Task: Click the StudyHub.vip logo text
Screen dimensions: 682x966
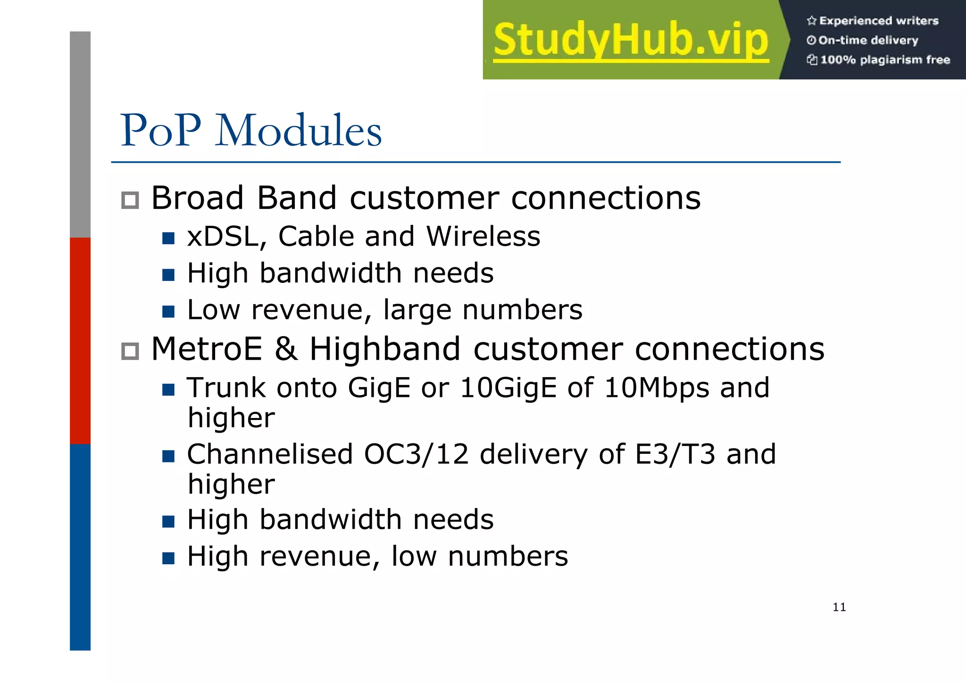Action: pyautogui.click(x=631, y=41)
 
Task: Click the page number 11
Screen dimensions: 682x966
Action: pyautogui.click(x=839, y=607)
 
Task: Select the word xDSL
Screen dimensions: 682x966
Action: pyautogui.click(x=223, y=236)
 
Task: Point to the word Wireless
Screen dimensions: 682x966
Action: pyautogui.click(x=483, y=236)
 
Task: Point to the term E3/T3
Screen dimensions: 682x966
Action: pyautogui.click(x=675, y=454)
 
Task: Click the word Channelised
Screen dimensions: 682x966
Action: pyautogui.click(x=270, y=454)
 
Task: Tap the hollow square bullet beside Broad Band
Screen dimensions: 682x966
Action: pyautogui.click(x=130, y=200)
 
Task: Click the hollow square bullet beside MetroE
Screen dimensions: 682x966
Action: pyautogui.click(x=130, y=351)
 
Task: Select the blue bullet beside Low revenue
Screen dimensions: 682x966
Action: pyautogui.click(x=168, y=312)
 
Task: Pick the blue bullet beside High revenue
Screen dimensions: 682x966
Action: pyautogui.click(x=168, y=558)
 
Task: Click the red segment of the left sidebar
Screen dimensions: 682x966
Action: pyautogui.click(x=80, y=340)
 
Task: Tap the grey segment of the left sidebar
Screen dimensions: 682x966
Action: pyautogui.click(x=80, y=134)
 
